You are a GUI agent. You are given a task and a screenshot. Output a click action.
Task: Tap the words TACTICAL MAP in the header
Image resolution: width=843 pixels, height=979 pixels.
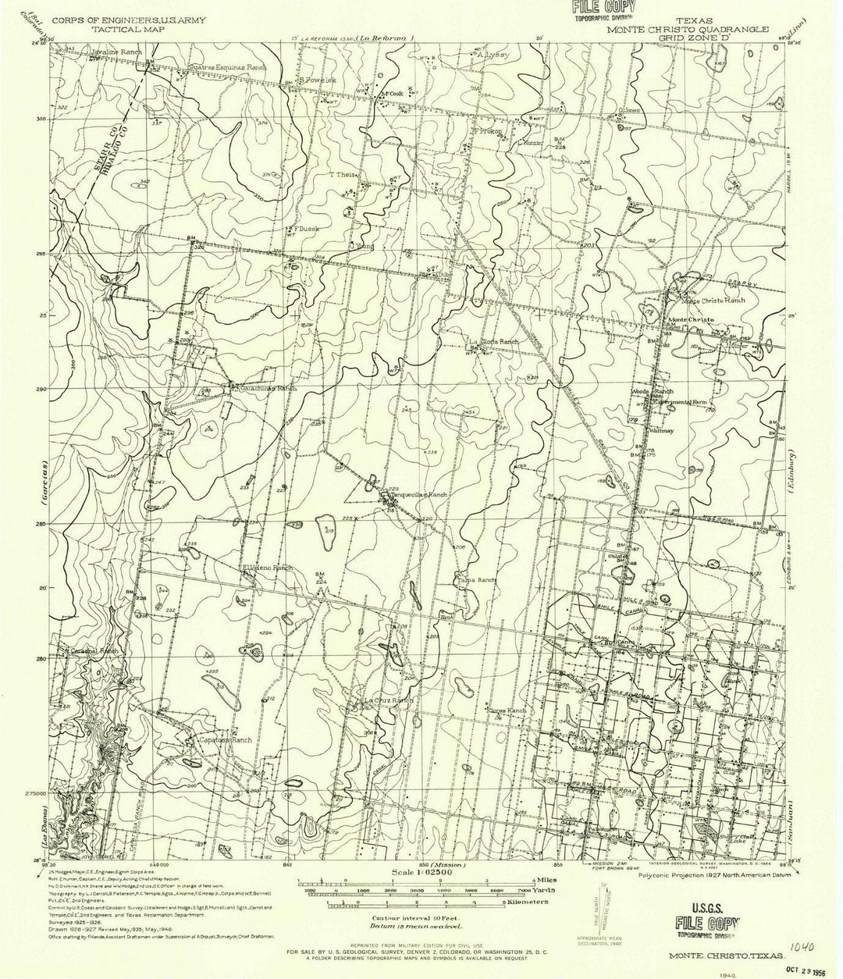click(x=123, y=27)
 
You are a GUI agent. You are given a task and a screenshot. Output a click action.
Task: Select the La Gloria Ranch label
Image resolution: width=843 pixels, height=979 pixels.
click(x=493, y=342)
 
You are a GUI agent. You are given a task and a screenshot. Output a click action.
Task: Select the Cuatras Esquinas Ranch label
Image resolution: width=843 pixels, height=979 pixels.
click(x=227, y=68)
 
